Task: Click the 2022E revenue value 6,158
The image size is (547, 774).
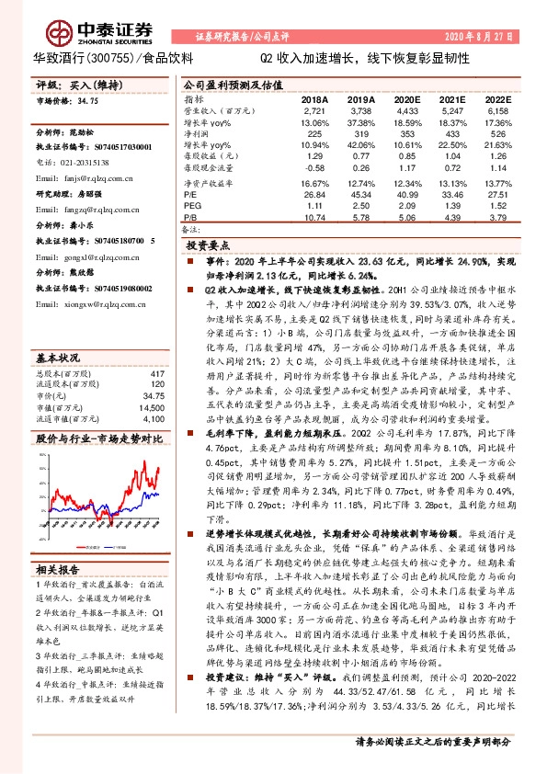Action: (497, 110)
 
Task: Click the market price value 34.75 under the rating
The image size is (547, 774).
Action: (88, 101)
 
